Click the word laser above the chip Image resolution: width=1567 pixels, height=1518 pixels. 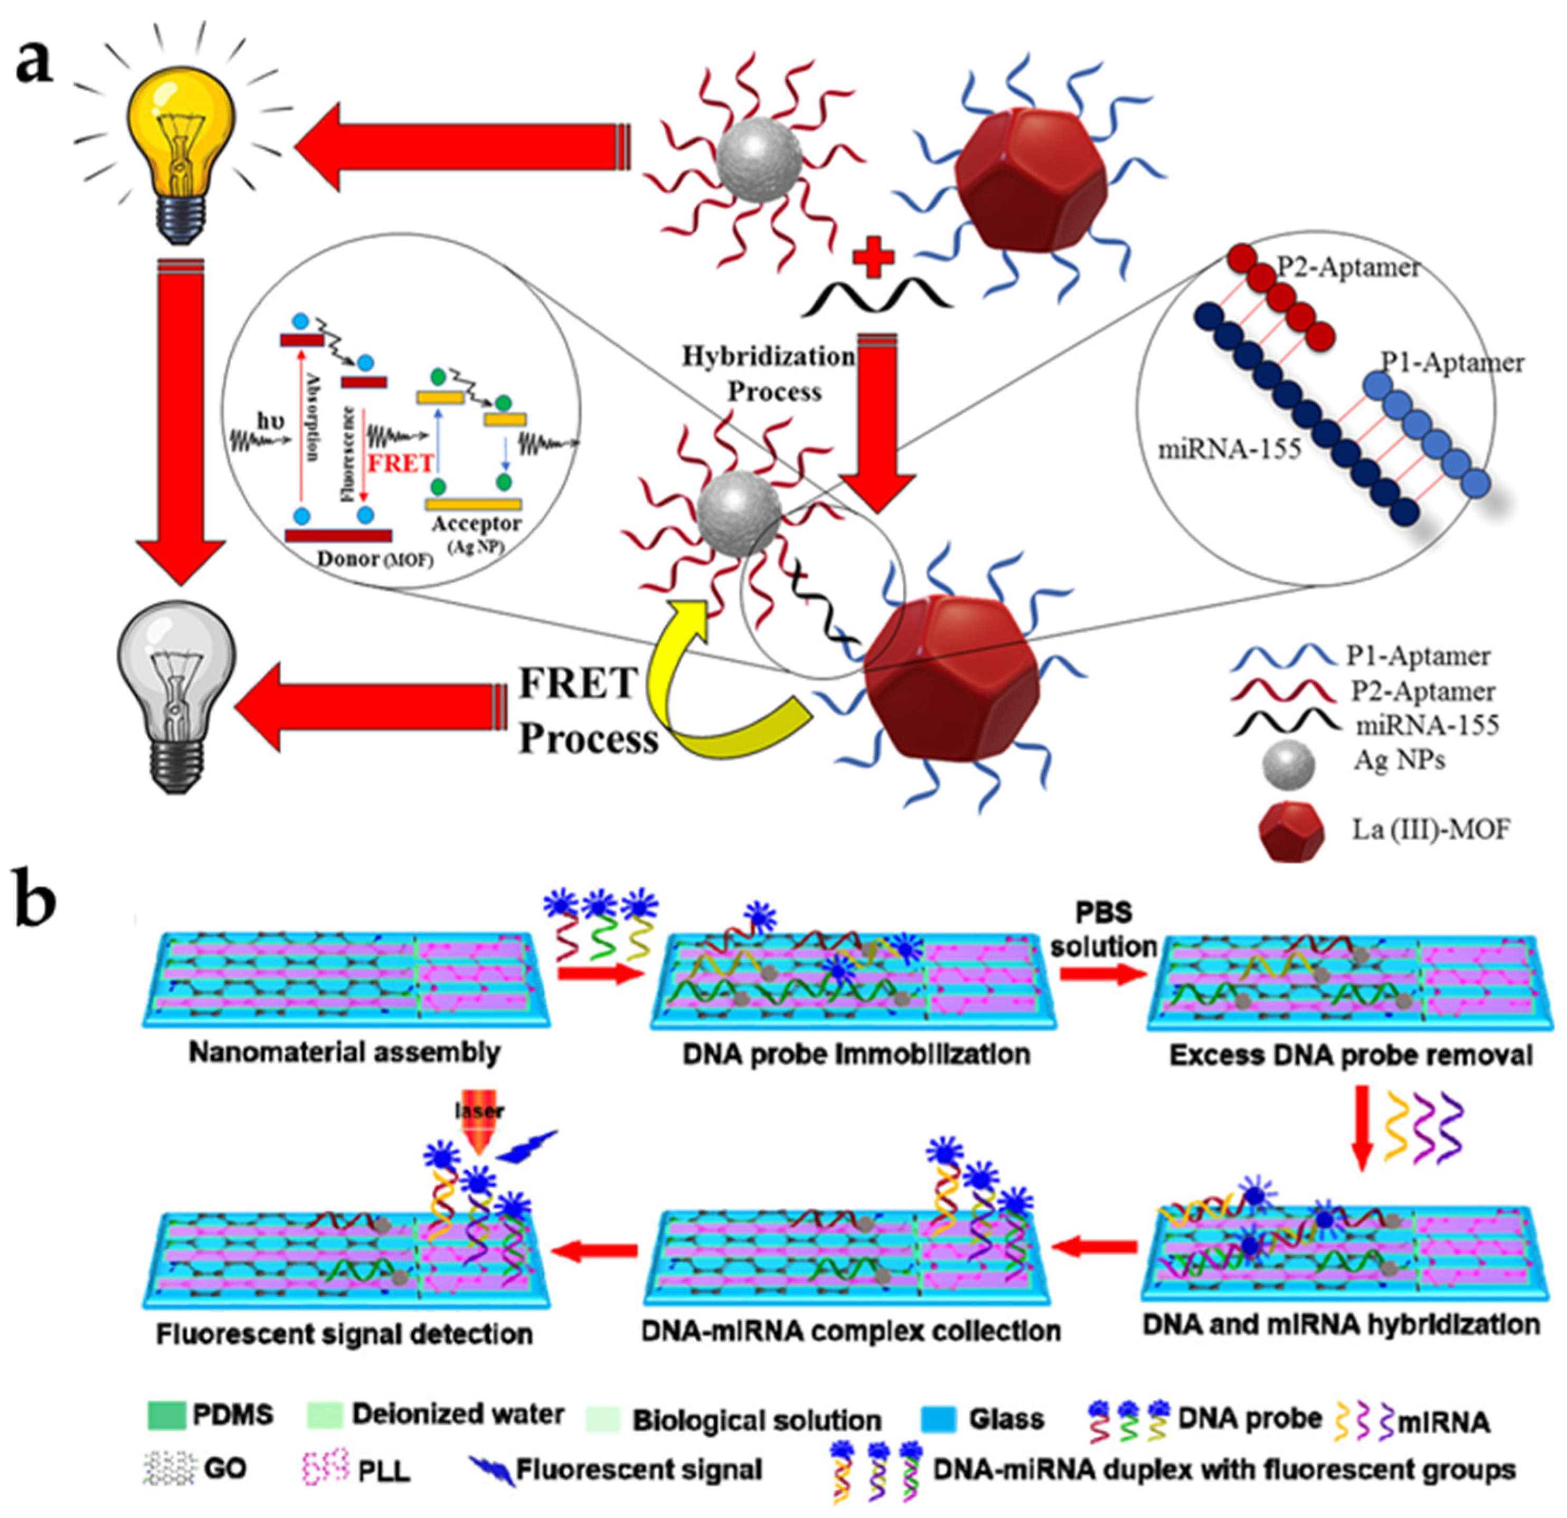pyautogui.click(x=480, y=1111)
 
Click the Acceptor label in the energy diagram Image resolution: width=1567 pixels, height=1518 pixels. pyautogui.click(x=476, y=524)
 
